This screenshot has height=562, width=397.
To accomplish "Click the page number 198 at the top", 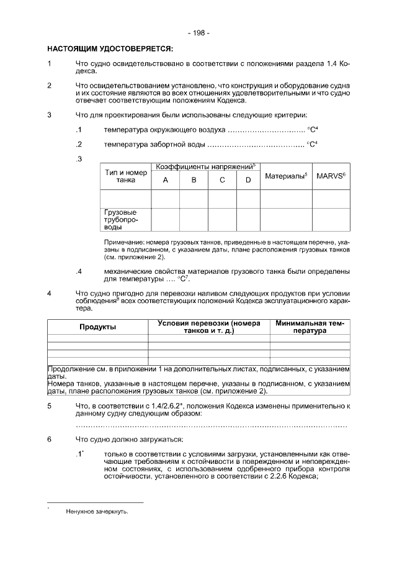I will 198,32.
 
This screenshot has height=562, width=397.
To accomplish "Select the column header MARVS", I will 330,176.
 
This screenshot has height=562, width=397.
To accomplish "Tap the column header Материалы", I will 285,176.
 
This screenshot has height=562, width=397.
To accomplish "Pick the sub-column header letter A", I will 166,181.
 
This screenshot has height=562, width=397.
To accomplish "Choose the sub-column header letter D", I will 248,181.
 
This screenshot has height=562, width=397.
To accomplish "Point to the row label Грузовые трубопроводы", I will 120,219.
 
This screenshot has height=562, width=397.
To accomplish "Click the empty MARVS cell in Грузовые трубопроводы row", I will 330,219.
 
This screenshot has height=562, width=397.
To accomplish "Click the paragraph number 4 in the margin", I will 50,294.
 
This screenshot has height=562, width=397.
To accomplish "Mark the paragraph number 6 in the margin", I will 50,440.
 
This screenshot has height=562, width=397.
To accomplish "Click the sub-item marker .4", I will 79,271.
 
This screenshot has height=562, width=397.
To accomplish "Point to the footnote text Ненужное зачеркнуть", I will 97,512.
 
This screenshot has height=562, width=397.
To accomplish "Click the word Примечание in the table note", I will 121,241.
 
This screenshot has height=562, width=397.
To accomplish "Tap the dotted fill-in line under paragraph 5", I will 211,427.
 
